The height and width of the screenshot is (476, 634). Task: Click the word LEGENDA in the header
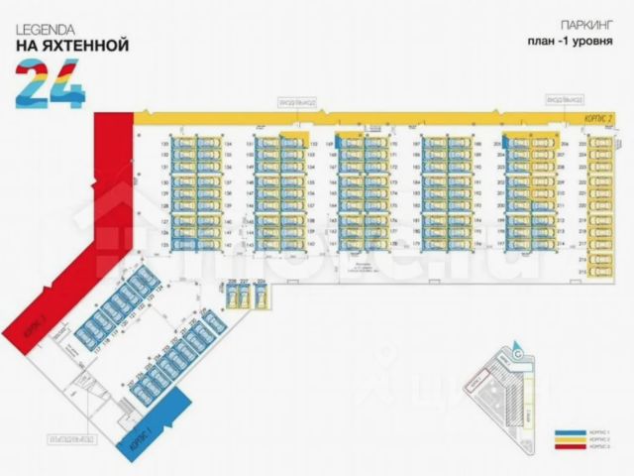tap(43, 30)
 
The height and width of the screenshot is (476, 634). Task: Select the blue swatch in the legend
tap(564, 433)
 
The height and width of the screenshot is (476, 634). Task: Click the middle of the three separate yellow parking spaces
tap(246, 294)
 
